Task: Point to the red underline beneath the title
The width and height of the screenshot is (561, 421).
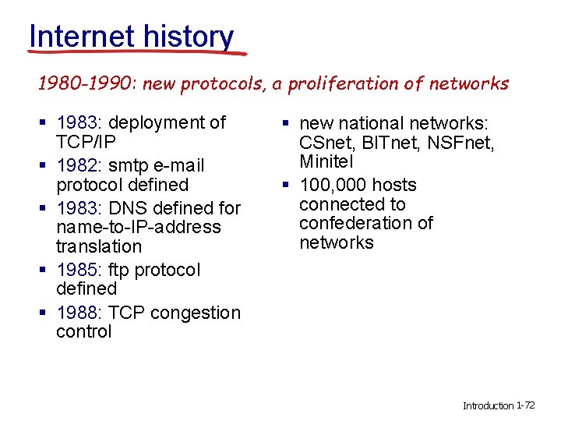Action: point(136,53)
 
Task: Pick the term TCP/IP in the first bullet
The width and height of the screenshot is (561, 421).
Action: point(86,142)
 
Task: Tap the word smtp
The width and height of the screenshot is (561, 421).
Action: point(130,165)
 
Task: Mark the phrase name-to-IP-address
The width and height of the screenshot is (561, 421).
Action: point(139,227)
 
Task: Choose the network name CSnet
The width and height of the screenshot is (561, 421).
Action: point(325,143)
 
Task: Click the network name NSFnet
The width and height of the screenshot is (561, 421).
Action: point(459,143)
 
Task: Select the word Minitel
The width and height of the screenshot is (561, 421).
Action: point(326,162)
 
